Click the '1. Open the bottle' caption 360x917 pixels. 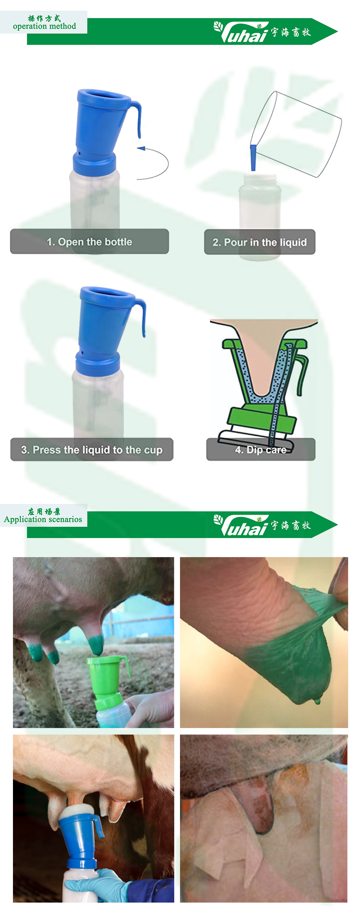89,241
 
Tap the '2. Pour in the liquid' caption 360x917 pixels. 260,242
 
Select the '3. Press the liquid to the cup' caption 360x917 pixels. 92,450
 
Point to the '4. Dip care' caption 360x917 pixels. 261,450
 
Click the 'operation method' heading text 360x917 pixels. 44,26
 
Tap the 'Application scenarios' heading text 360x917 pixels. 43,519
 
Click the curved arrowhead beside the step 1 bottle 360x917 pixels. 141,148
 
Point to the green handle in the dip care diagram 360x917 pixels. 303,374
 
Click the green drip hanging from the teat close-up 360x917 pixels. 317,701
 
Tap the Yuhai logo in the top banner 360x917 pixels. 262,32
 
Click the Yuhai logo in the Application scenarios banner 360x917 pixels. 262,525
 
